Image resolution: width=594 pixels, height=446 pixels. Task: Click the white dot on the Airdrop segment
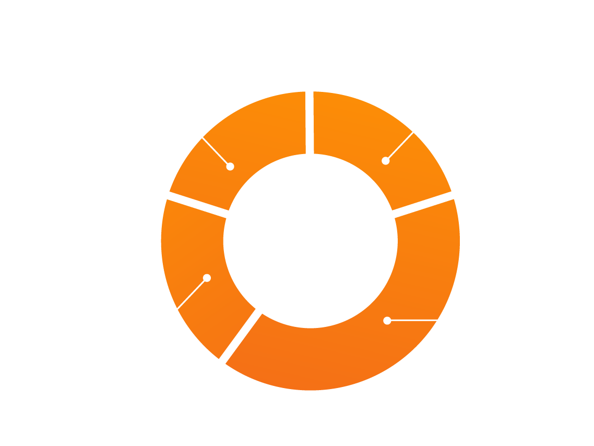click(x=387, y=321)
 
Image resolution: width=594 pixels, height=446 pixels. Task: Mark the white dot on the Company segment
click(x=230, y=167)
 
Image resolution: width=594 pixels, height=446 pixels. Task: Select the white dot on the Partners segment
click(x=207, y=278)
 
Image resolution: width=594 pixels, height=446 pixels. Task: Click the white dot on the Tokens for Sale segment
click(x=386, y=161)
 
